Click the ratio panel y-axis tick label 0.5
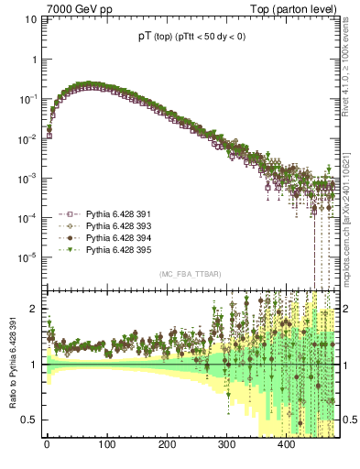point(30,420)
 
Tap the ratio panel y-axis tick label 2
point(34,309)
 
